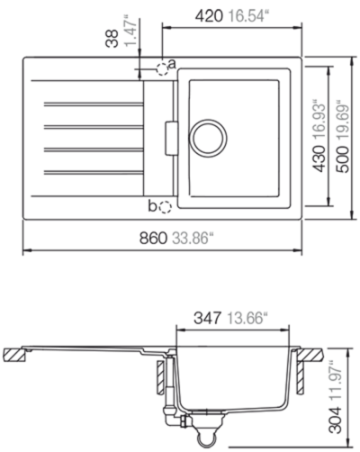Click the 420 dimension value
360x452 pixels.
point(209,16)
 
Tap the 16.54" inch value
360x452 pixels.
point(247,16)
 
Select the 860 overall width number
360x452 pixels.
point(153,239)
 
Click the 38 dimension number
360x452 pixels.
point(112,38)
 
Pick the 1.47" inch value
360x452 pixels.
point(130,32)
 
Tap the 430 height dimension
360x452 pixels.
point(319,158)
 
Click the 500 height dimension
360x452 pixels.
point(342,159)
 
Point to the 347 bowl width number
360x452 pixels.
point(208,318)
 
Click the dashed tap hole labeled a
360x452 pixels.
point(162,69)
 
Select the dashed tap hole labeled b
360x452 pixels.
point(165,207)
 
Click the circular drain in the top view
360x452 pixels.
point(208,138)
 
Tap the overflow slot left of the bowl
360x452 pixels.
point(171,139)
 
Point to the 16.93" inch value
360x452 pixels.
point(319,121)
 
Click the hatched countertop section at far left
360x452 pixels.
point(14,355)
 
